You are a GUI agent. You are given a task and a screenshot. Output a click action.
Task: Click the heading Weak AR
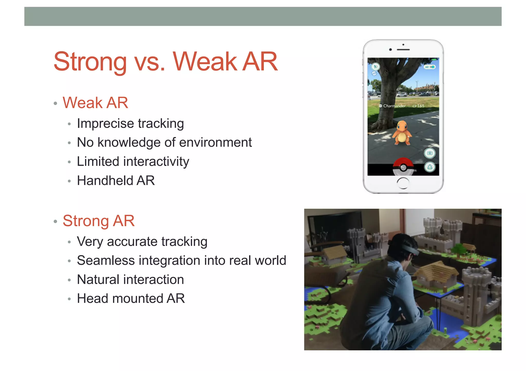[95, 103]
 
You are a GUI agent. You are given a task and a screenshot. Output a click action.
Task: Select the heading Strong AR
[99, 221]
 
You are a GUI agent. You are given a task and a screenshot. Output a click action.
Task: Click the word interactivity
[156, 162]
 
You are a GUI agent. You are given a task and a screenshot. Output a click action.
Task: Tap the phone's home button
[403, 183]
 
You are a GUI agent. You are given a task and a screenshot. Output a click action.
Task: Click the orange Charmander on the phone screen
[402, 133]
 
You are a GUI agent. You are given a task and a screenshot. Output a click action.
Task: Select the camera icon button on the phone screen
[430, 153]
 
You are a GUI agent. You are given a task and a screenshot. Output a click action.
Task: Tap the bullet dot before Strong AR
[55, 221]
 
